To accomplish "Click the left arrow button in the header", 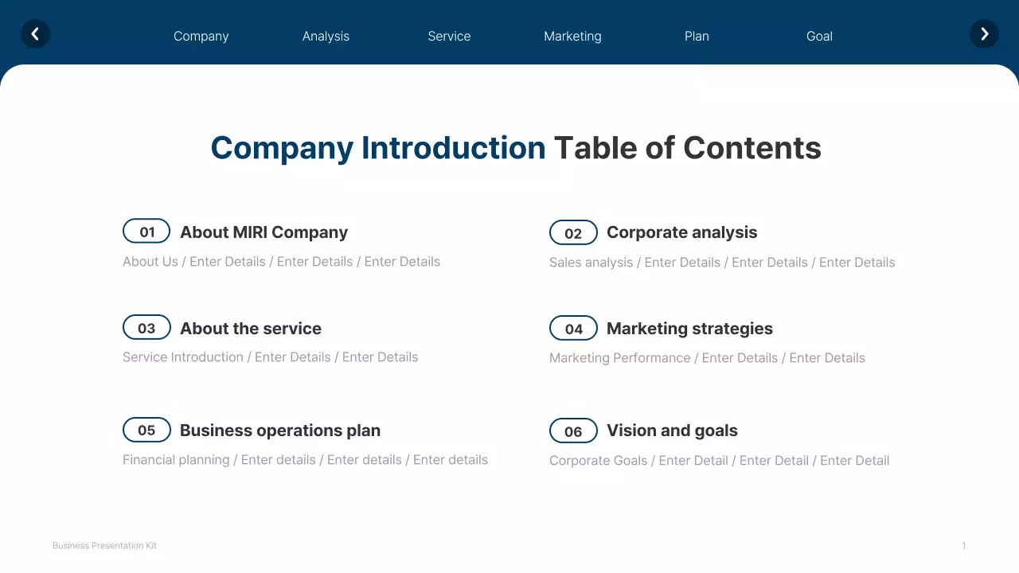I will (35, 34).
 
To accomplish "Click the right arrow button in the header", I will (984, 34).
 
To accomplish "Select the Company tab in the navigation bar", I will (201, 37).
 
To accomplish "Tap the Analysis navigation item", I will (326, 37).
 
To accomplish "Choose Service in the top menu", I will (449, 37).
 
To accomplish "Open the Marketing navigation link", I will (572, 37).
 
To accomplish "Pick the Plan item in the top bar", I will (697, 37).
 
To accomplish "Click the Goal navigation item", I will (819, 37).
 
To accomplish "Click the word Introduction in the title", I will (453, 148).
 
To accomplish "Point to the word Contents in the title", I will (752, 148).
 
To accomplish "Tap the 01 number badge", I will (146, 232).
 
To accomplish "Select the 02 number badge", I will (573, 233).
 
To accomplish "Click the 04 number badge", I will (573, 329).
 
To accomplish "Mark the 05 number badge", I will (146, 430).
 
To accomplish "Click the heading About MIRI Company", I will (264, 232).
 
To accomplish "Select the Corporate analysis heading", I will (681, 232).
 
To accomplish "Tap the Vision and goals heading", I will (672, 431).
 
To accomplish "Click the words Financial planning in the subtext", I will (176, 460).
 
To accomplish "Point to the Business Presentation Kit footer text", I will (104, 546).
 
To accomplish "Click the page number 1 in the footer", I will (963, 546).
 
